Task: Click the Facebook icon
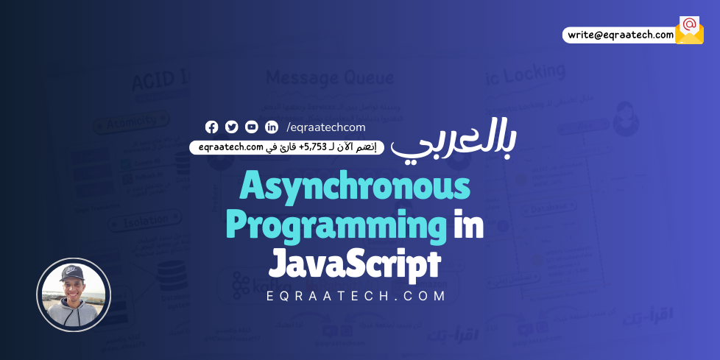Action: coord(212,127)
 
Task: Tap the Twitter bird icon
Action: coord(232,127)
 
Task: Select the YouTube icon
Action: coord(252,127)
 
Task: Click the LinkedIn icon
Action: coord(272,127)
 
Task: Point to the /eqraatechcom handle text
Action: coord(326,127)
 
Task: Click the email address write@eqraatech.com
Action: coord(620,35)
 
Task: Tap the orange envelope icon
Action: coord(689,30)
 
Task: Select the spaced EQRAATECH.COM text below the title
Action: coord(356,296)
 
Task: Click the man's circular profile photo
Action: coord(74,294)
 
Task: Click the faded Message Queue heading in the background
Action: coord(330,77)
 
